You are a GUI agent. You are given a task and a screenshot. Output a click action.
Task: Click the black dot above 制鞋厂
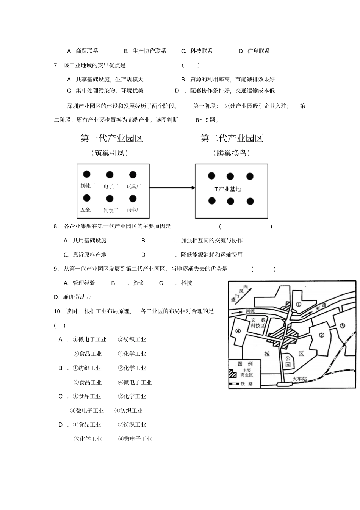(x=87, y=174)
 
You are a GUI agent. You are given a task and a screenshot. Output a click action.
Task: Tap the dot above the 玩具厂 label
(x=133, y=175)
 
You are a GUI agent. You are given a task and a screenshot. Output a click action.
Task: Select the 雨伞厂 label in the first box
(x=134, y=210)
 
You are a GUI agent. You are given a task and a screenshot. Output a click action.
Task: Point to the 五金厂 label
(x=88, y=210)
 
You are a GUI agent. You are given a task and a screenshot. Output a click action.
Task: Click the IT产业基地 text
(x=227, y=189)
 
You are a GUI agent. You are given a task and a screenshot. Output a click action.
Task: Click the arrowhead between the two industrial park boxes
(x=193, y=188)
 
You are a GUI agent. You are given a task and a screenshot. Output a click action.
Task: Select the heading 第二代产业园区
(x=232, y=138)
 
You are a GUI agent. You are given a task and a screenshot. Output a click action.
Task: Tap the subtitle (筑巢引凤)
(x=110, y=153)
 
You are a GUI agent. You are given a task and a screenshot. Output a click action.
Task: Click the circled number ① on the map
(x=298, y=303)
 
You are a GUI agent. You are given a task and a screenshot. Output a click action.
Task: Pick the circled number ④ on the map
(x=238, y=330)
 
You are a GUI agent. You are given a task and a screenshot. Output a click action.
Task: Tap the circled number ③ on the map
(x=342, y=325)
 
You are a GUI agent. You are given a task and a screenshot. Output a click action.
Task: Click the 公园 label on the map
(x=288, y=361)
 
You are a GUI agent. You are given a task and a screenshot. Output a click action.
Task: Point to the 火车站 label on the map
(x=299, y=379)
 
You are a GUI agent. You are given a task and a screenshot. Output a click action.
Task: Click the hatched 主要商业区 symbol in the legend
(x=233, y=373)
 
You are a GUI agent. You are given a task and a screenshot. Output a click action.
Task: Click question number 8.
(x=56, y=227)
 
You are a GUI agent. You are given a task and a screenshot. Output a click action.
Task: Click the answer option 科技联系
(x=201, y=51)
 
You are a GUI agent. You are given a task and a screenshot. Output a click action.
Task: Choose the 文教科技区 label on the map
(x=258, y=322)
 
